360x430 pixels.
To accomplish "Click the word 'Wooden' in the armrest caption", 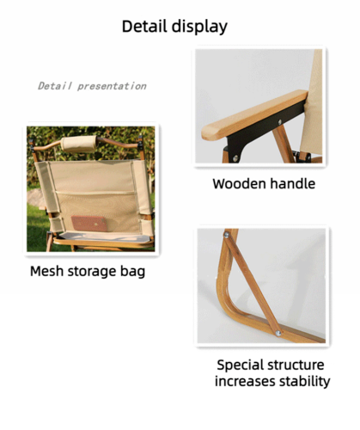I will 237,184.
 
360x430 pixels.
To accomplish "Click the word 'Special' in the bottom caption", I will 242,365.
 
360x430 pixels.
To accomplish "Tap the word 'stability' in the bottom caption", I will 302,382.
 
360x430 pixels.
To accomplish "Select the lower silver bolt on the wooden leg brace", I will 278,332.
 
